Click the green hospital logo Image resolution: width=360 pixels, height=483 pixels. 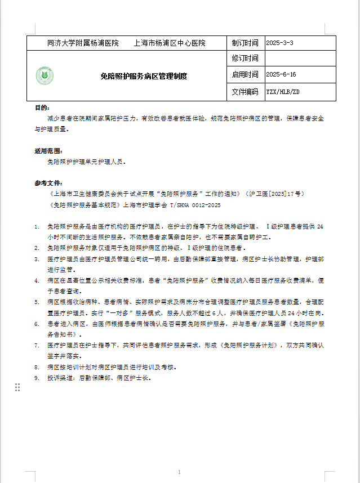(x=45, y=76)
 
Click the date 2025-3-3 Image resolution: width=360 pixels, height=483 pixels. (x=279, y=43)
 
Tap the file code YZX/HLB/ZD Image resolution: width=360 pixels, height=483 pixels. (x=283, y=91)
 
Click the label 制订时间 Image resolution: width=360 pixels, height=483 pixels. (x=245, y=43)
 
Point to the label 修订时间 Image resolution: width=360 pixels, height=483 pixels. (x=245, y=59)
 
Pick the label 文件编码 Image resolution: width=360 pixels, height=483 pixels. (x=245, y=91)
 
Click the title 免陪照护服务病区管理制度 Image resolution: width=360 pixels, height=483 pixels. (x=144, y=76)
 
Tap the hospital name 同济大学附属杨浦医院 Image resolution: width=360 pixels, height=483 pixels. (x=83, y=43)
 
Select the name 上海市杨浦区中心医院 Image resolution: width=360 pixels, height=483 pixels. (x=170, y=43)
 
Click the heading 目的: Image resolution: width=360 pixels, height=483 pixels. (x=42, y=108)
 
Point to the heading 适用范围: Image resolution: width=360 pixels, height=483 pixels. (x=48, y=151)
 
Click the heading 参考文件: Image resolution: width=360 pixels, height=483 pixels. (x=48, y=183)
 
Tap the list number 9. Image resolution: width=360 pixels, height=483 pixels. (x=37, y=378)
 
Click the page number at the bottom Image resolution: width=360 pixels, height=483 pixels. (x=179, y=472)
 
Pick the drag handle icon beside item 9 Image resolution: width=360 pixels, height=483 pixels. (x=17, y=387)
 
